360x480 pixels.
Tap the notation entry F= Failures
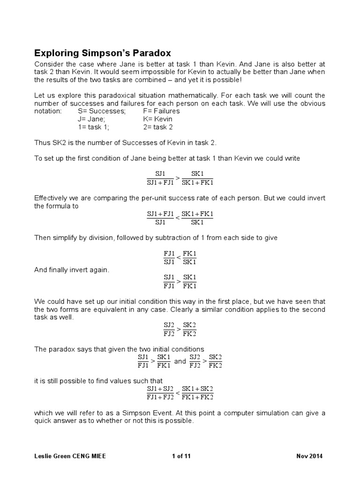(x=161, y=111)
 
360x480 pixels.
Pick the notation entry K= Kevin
(x=158, y=119)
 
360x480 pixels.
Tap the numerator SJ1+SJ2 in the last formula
(x=160, y=389)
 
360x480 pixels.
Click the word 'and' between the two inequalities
(x=180, y=361)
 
